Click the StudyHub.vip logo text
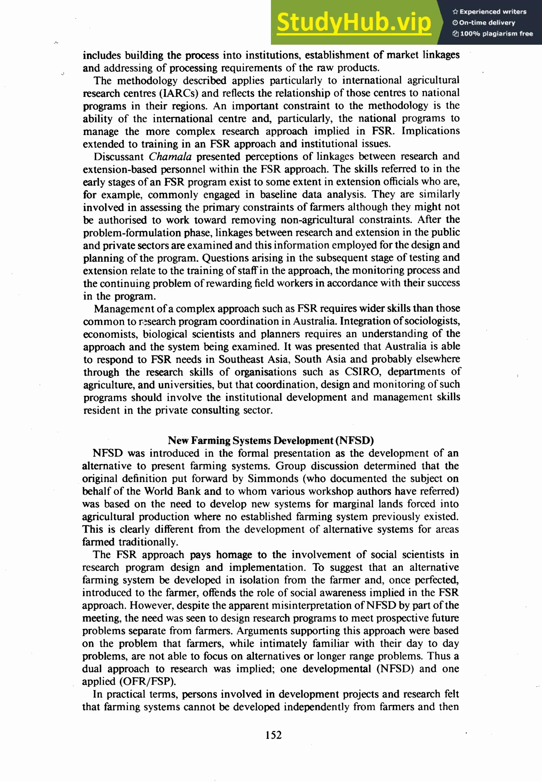pyautogui.click(x=354, y=23)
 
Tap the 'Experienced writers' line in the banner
pyautogui.click(x=489, y=12)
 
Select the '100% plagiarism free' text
pyautogui.click(x=493, y=34)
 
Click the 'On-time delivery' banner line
pyautogui.click(x=484, y=23)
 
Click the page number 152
pyautogui.click(x=273, y=735)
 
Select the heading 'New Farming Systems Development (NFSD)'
pyautogui.click(x=271, y=441)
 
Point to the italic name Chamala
pyautogui.click(x=170, y=157)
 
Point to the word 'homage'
pyautogui.click(x=234, y=555)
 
